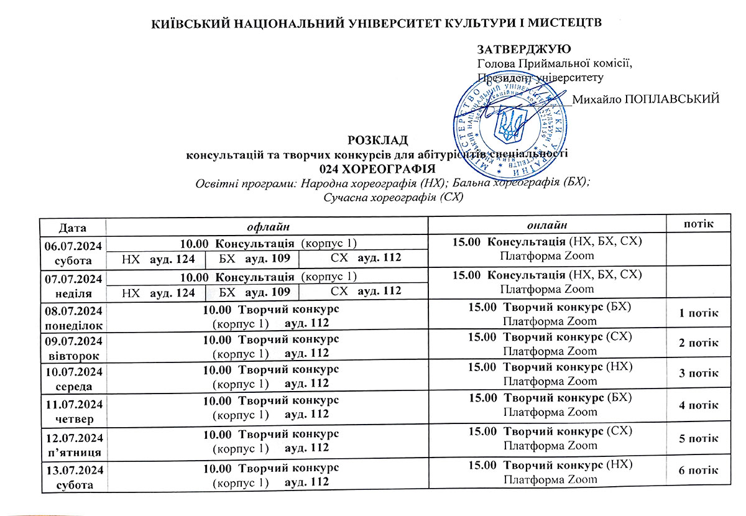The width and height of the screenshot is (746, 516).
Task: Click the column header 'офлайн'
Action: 268,226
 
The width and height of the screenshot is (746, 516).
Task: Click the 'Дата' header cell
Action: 73,227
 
